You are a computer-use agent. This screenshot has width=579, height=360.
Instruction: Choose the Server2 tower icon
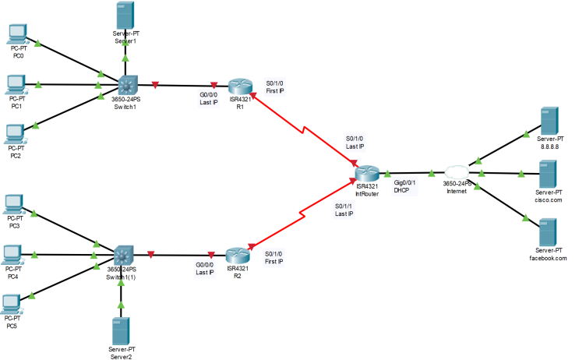(121, 330)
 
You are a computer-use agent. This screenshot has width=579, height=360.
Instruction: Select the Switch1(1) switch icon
(122, 255)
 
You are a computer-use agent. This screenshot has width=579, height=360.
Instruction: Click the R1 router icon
(239, 86)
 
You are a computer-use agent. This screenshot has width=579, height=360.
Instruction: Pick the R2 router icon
(238, 255)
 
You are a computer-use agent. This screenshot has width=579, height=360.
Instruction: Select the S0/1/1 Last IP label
(344, 210)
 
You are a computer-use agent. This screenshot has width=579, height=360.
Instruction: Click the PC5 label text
(12, 326)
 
